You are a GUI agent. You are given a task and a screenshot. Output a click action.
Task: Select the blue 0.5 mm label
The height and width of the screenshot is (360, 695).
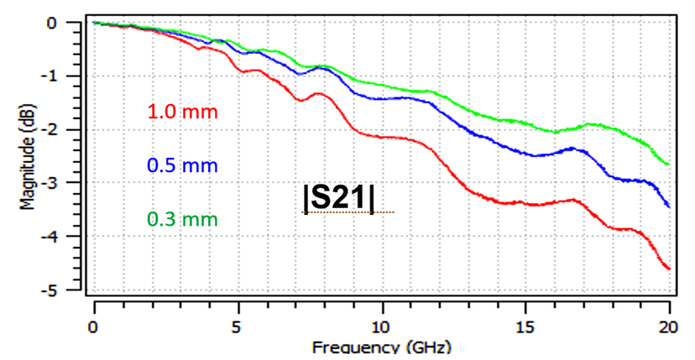coord(182,166)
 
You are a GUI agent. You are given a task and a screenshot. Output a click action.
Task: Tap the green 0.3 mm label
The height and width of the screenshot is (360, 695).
coord(182,220)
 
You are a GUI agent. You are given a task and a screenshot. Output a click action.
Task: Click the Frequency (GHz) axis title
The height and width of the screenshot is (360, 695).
coord(381,347)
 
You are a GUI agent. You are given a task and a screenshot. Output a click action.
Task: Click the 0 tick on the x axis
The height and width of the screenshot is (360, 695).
coord(94,325)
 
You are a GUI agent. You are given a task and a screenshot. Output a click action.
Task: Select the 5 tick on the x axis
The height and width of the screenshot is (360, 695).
coord(238,325)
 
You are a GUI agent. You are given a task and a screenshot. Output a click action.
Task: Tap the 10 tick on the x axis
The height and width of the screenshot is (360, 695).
coord(382,325)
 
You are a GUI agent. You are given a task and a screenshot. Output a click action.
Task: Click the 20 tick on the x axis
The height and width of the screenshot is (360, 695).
coord(669,325)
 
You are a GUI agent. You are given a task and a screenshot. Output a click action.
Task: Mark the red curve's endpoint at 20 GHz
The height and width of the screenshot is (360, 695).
coord(670,269)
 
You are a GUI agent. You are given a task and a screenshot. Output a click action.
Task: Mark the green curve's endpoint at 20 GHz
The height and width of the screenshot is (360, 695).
coord(670,164)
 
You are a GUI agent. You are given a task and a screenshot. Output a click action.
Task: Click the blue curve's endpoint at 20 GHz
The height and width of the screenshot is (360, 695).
coord(670,206)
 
